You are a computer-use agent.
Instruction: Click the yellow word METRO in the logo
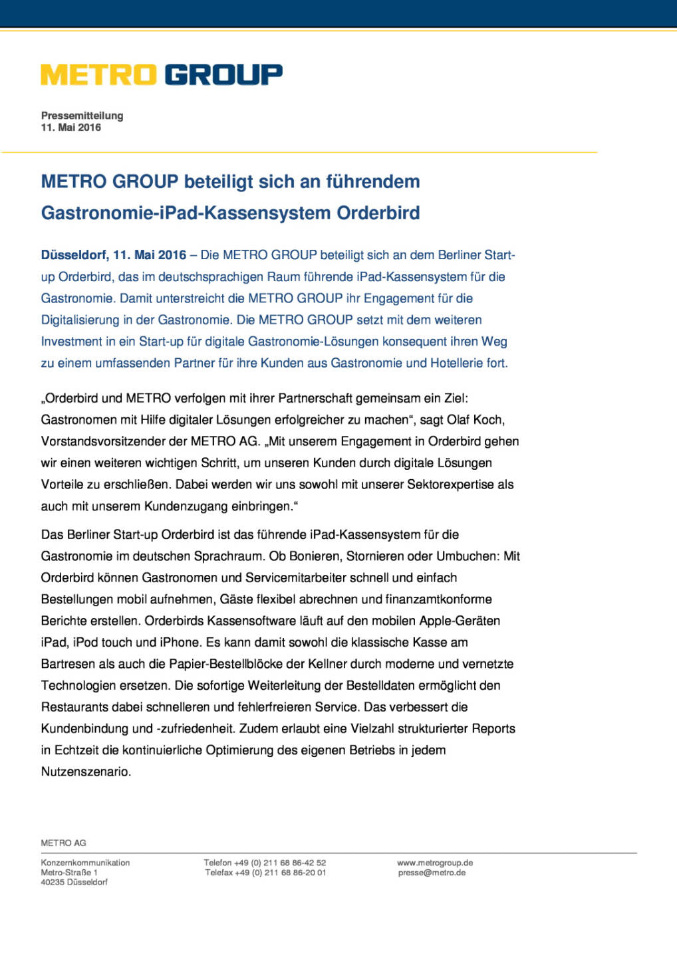(98, 75)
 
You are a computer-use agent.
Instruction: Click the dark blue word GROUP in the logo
(223, 75)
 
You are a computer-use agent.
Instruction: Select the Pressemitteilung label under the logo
(82, 116)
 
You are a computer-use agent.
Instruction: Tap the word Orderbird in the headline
(378, 213)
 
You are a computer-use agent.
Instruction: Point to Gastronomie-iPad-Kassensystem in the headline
(186, 213)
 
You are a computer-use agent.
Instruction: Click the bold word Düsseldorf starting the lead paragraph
(74, 255)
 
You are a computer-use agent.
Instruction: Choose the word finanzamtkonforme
(439, 599)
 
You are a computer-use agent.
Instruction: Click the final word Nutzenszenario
(86, 772)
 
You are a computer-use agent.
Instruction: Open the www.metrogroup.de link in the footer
(435, 863)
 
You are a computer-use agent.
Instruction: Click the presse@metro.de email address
(432, 873)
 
